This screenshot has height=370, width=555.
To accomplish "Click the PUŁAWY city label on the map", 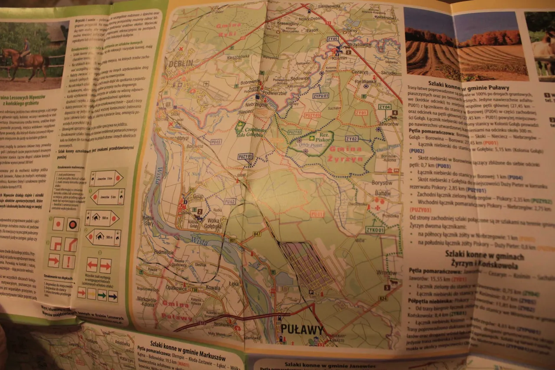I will click(302, 330).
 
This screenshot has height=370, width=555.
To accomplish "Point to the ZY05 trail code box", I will click(333, 39).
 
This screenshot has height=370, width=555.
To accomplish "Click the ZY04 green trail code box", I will click(385, 107).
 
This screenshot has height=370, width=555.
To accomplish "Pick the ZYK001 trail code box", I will click(375, 230).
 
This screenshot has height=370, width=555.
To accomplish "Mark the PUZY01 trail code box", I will click(245, 156).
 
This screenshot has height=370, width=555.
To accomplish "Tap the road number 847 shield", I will click(257, 234).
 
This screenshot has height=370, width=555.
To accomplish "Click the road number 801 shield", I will click(233, 240).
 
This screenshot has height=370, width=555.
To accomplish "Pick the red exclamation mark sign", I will click(69, 262).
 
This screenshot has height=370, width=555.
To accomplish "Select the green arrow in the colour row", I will click(102, 295).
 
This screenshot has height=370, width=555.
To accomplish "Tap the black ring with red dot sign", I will click(72, 224).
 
